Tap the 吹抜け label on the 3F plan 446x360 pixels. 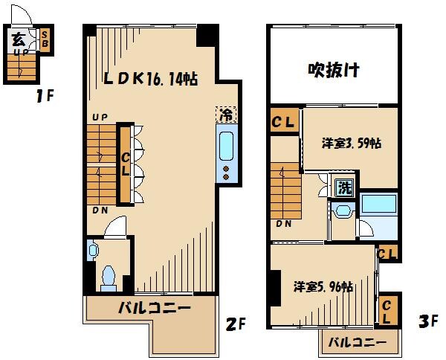[x=334, y=70]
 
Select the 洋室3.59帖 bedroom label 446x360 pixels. [x=351, y=144]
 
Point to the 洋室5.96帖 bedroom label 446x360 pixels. [x=322, y=286]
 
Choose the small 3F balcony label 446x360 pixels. [x=358, y=343]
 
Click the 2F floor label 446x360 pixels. [x=236, y=324]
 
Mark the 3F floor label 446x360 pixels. [x=428, y=321]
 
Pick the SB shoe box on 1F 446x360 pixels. [x=45, y=38]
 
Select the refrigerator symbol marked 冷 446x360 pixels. [x=225, y=115]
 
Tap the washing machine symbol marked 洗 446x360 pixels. [x=343, y=187]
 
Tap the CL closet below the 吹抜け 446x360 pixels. [x=284, y=121]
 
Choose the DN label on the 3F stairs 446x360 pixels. [x=282, y=223]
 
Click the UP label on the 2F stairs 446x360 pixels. [x=99, y=118]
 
